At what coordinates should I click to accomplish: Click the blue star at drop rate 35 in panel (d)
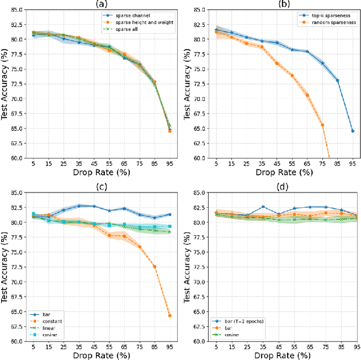click(x=262, y=207)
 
